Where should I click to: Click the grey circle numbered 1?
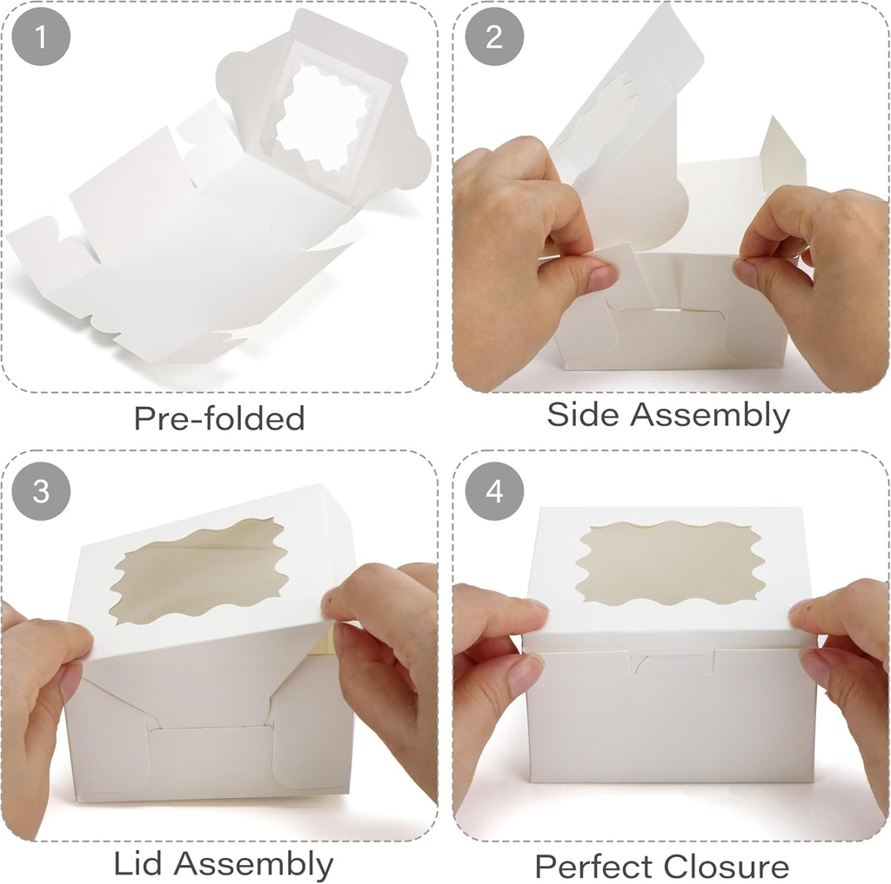[38, 37]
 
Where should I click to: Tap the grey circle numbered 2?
[494, 37]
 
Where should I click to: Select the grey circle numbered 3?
[40, 491]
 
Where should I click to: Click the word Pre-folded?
[218, 419]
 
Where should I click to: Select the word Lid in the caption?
[139, 864]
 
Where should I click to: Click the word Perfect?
[593, 867]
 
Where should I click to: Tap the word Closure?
[725, 867]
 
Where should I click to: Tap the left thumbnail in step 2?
[601, 278]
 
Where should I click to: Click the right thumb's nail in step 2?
[746, 273]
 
